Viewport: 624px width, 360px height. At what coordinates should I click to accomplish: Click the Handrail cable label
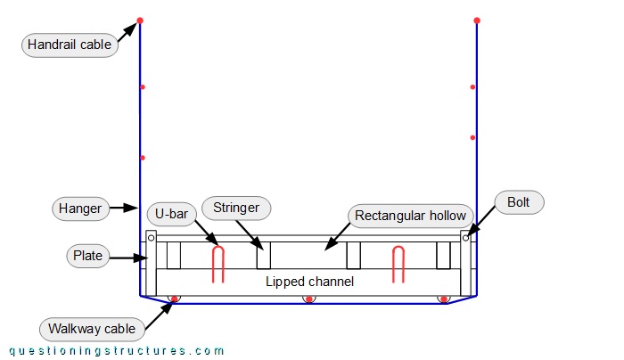[70, 45]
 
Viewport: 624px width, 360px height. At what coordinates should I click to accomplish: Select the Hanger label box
[80, 209]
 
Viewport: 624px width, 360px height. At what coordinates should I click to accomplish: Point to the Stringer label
[236, 209]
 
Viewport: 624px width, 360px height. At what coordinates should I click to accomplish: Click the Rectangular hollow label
[410, 216]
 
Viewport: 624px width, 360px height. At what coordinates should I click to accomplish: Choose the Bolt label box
[519, 202]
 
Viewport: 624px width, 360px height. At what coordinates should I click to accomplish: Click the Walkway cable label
[93, 329]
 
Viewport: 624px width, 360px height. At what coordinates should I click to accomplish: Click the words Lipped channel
[309, 282]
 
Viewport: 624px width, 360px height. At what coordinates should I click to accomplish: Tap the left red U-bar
[218, 265]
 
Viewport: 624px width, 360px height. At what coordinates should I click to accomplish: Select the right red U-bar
[399, 265]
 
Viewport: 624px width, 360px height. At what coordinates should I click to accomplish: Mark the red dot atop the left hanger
[140, 20]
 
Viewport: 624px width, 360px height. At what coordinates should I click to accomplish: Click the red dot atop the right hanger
[477, 20]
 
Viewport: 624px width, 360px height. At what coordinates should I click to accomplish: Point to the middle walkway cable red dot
[309, 299]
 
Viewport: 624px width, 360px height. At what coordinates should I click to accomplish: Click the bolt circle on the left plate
[152, 238]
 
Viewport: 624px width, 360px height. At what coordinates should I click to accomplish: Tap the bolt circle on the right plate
[465, 238]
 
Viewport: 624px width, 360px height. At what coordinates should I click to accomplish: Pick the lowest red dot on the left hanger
[142, 158]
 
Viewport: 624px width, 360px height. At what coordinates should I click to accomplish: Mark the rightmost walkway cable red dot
[443, 299]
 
